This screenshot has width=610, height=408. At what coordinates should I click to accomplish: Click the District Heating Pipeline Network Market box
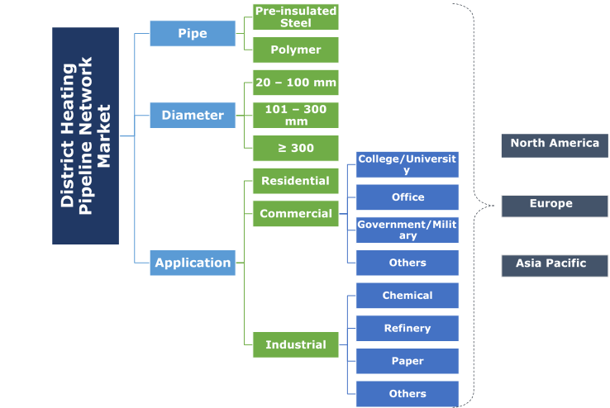[85, 135]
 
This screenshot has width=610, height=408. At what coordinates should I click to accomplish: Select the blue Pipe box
[193, 33]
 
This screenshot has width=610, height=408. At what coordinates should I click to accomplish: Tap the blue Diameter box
[193, 115]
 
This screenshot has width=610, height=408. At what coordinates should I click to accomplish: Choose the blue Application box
[193, 263]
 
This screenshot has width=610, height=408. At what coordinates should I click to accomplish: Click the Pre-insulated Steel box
[295, 17]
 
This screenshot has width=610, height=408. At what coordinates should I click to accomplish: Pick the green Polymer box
[295, 50]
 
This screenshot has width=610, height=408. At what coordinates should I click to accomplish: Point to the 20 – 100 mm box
[295, 83]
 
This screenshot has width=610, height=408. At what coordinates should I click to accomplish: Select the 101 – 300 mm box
[295, 115]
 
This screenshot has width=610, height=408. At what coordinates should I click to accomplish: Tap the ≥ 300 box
[295, 148]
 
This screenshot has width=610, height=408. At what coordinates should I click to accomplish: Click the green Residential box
[295, 181]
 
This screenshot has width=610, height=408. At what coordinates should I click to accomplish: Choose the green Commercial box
[295, 213]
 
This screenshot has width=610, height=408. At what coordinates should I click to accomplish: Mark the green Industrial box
[295, 344]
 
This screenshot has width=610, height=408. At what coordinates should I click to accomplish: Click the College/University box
[407, 164]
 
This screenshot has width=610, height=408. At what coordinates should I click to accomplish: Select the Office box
[407, 197]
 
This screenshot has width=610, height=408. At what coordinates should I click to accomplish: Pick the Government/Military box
[407, 230]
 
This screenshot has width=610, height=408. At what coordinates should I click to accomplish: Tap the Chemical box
[407, 296]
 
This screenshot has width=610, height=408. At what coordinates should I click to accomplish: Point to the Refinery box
[407, 328]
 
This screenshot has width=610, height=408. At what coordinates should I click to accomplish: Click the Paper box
[407, 361]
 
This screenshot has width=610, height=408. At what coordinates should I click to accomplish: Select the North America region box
[555, 145]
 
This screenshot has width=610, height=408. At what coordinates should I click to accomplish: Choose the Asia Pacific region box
[555, 265]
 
